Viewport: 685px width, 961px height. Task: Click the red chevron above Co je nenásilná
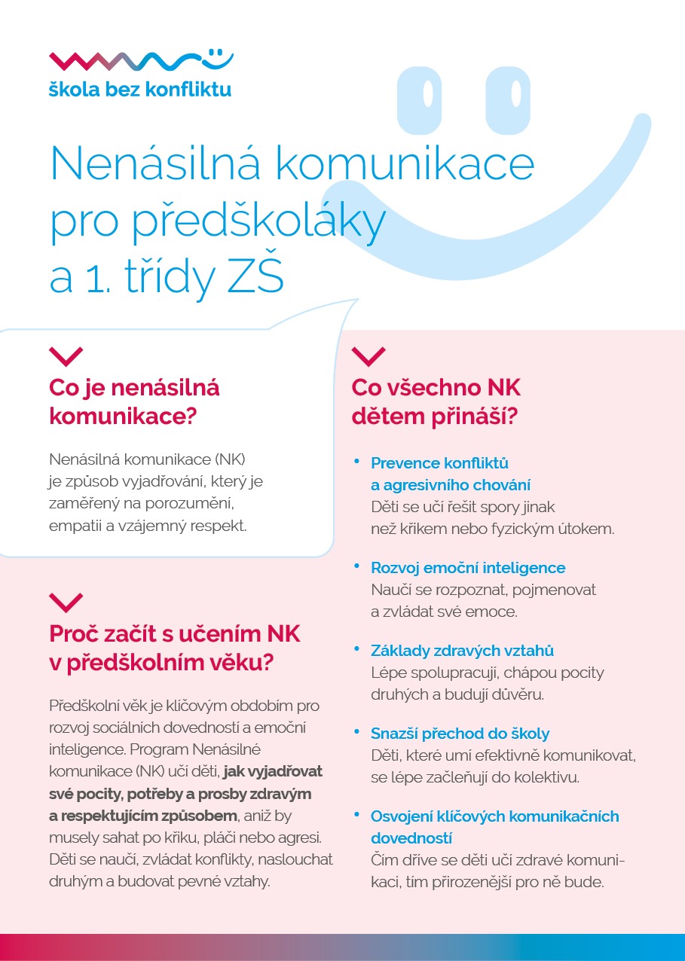point(66,355)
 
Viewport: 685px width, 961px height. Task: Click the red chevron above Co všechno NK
point(368,355)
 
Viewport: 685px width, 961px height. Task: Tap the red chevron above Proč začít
point(66,601)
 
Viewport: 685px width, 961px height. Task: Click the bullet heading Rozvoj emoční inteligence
point(467,567)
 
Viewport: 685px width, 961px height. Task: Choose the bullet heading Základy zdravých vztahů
point(462,650)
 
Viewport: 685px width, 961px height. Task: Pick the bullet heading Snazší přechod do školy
point(460,733)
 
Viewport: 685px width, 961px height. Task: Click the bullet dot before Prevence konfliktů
point(356,461)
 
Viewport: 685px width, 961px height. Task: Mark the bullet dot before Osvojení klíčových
point(356,814)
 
